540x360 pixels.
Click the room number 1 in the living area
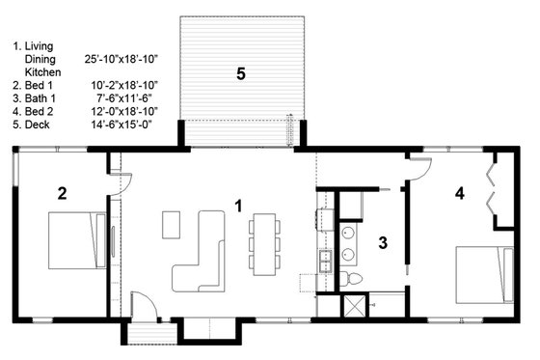pos(238,205)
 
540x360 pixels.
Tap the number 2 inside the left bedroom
pos(62,193)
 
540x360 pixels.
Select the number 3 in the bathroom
pos(382,242)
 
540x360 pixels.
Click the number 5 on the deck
pos(240,72)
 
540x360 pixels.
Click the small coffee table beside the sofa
pos(171,224)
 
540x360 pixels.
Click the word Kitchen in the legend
pos(42,71)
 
